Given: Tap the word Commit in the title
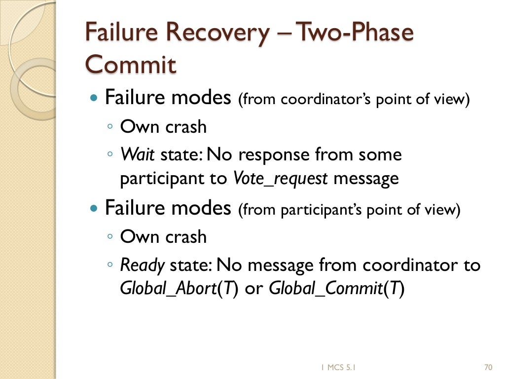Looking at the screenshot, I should click(x=131, y=65).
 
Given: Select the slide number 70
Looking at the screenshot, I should click(x=488, y=367).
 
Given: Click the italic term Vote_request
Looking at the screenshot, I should click(x=280, y=178).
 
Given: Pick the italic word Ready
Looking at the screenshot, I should click(x=143, y=265).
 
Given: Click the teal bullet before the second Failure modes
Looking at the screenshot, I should click(x=95, y=208).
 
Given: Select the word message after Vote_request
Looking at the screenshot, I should click(x=366, y=178).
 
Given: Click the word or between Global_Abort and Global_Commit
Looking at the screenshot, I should click(x=254, y=288).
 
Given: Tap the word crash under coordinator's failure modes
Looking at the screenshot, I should click(x=186, y=127).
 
